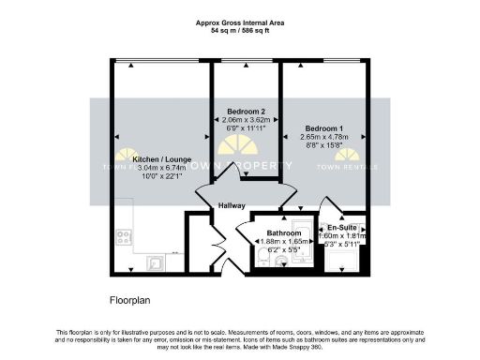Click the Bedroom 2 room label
(241, 112)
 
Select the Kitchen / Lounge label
(152, 160)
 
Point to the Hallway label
(232, 205)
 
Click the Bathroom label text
(282, 232)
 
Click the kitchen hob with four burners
(123, 238)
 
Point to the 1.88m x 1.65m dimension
(282, 242)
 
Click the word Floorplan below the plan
(124, 302)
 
